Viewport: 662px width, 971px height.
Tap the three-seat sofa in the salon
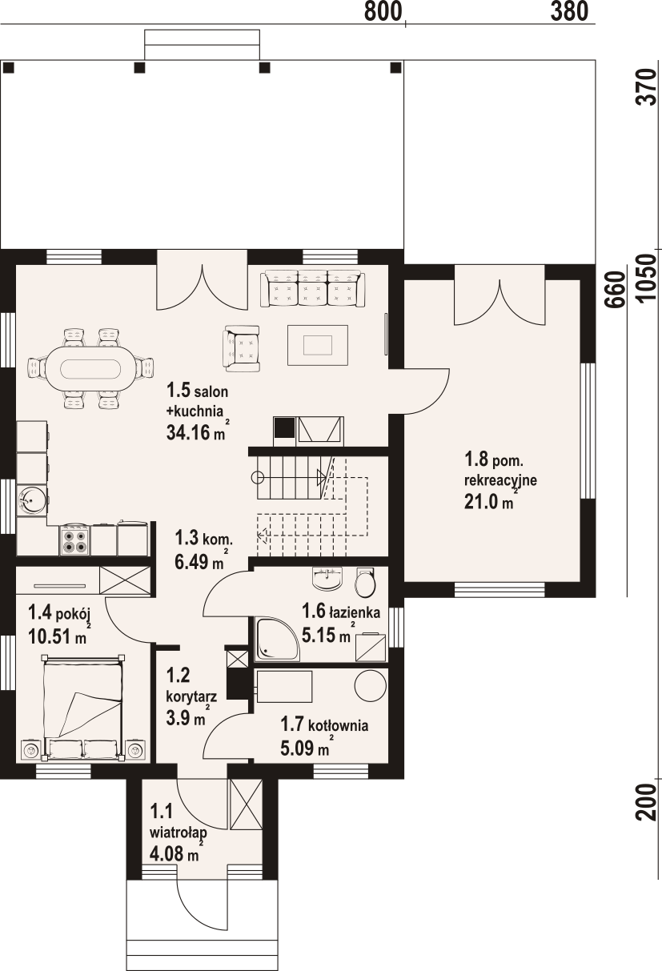tap(312, 288)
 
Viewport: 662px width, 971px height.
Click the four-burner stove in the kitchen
tap(74, 540)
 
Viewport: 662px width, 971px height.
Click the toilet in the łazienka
tap(365, 582)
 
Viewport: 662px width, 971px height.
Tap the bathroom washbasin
tap(327, 578)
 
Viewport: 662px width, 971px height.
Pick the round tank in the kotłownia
tap(371, 685)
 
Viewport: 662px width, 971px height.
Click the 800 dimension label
tap(383, 12)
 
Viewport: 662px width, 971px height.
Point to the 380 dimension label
tap(569, 12)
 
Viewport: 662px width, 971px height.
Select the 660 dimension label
tap(616, 289)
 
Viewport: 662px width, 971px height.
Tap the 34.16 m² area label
tap(196, 432)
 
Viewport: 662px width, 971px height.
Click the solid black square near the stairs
tap(284, 427)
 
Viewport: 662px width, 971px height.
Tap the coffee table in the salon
tap(318, 345)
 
